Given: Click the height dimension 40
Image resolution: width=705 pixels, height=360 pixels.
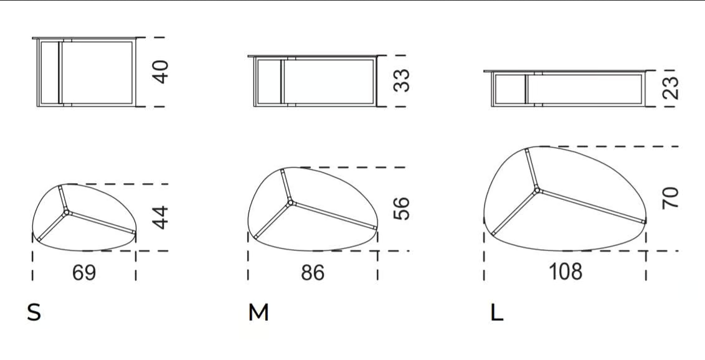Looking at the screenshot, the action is click(161, 72).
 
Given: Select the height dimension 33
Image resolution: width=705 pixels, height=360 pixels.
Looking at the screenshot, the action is click(401, 80).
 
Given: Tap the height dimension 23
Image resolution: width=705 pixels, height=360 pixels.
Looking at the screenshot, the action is click(670, 88).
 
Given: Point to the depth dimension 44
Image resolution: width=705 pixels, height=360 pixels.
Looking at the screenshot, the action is click(161, 217).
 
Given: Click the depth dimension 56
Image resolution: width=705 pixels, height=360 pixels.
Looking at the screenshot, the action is click(401, 209).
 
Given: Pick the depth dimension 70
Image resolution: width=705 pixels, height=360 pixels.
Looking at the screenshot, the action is click(670, 198).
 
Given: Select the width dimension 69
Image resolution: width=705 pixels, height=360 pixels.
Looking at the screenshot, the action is click(84, 273).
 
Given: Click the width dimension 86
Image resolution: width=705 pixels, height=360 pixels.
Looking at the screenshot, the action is click(313, 273).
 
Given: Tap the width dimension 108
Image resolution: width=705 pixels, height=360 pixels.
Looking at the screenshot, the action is click(565, 272).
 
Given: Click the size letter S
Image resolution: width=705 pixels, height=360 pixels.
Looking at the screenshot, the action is click(34, 313).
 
